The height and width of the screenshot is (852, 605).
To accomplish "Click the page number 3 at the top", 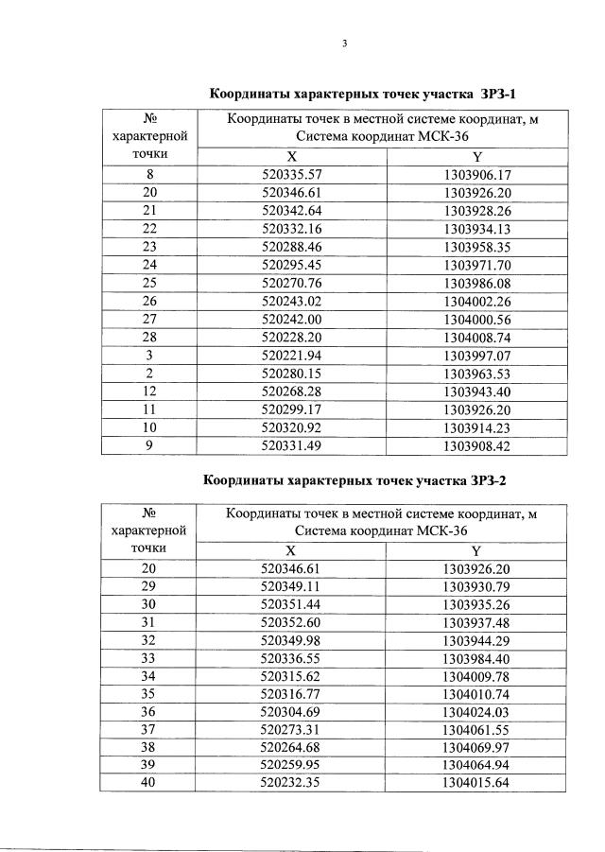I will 345,43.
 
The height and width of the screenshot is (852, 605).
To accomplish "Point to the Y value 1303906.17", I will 475,175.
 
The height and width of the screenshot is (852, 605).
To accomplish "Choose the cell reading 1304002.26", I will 475,303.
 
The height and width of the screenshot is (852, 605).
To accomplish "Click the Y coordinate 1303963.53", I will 475,374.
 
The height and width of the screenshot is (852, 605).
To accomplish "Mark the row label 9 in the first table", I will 149,446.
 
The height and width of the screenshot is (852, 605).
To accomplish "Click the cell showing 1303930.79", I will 475,585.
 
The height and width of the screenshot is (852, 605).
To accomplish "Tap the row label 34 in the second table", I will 149,675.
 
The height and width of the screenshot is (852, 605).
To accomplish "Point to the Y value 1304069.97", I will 475,747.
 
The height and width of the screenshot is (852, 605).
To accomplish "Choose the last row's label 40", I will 149,783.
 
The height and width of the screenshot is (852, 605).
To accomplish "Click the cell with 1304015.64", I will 475,783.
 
